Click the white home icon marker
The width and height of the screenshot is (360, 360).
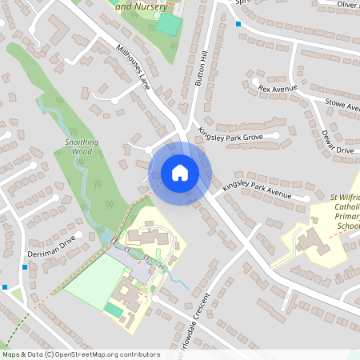coord(180,173)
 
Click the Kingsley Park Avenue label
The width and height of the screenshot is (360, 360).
coord(258,190)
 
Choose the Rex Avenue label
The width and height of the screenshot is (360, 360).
coord(278,88)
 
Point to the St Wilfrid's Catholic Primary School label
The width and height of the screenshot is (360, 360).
coord(346,210)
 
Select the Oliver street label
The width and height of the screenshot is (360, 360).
coord(347,5)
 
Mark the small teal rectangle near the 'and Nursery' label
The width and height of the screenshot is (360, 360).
coord(168,23)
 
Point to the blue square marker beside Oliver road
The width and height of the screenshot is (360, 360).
coord(238,24)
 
